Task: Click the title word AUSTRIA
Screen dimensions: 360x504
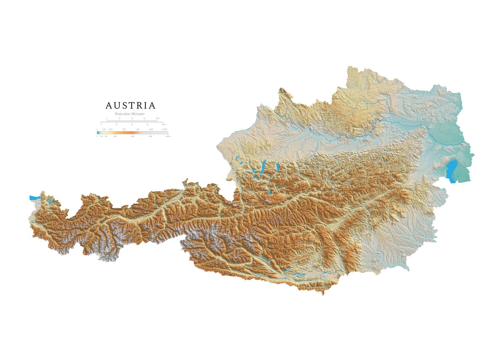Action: pos(130,105)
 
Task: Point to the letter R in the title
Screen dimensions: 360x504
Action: pos(142,105)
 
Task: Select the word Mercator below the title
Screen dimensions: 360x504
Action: pos(138,114)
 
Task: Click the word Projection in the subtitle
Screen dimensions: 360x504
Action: pos(122,114)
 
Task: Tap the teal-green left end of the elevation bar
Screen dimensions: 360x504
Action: pos(98,133)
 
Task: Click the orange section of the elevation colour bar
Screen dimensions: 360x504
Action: pos(126,133)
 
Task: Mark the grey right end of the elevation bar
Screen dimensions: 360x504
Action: pos(164,133)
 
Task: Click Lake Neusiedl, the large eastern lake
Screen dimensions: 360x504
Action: pos(452,171)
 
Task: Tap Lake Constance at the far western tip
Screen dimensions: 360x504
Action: pos(34,197)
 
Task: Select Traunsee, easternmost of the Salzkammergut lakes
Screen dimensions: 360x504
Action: pos(277,167)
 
